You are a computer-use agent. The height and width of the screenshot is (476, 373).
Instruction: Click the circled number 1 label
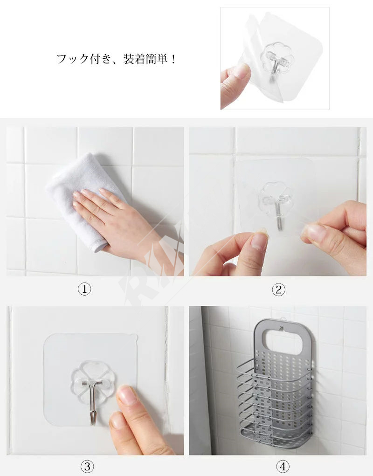(x=84, y=289)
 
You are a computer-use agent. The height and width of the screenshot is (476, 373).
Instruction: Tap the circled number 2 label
(x=278, y=290)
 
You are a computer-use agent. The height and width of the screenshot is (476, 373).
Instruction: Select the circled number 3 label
(x=87, y=466)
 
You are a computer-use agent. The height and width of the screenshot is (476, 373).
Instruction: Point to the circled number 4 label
(x=283, y=466)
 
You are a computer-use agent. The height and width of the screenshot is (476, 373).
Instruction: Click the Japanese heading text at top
(x=116, y=59)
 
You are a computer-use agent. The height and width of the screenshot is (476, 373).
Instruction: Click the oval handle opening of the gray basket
(x=282, y=342)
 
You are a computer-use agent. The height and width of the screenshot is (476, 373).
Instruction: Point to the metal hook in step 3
(x=93, y=402)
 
